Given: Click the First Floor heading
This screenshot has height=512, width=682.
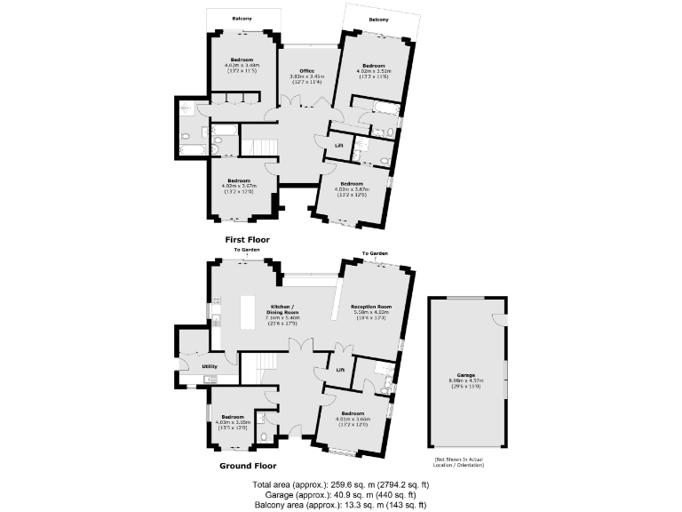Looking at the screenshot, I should coord(247,240).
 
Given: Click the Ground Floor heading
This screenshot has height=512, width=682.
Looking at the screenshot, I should coord(247,465).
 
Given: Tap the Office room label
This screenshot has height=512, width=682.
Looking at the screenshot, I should coord(307,71).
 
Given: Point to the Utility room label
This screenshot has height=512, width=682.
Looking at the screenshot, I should coord(210,366).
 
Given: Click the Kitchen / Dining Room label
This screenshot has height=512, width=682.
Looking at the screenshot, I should coord(282,309).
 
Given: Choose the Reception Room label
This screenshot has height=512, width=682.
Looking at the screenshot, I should coord(372,306).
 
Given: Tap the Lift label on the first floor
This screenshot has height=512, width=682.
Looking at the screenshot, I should coord(338,145).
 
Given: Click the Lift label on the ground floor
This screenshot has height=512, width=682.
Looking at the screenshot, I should coord(339,368).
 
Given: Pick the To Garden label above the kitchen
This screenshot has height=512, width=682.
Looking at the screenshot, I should coord(243,250).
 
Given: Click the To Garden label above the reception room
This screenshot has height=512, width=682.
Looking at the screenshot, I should coord(374,254).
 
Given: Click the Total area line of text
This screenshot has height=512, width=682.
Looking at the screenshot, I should coord(340,484).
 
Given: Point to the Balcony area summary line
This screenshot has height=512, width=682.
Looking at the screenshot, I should coord(340,505).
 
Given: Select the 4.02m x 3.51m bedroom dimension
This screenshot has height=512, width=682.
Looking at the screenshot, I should coord(372,71).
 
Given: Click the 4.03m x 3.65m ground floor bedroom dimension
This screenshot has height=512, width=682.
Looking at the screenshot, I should coord(233,423).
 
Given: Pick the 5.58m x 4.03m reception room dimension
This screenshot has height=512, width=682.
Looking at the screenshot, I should coord(372,312).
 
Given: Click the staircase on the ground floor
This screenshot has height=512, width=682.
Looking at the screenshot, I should coord(261,365).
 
